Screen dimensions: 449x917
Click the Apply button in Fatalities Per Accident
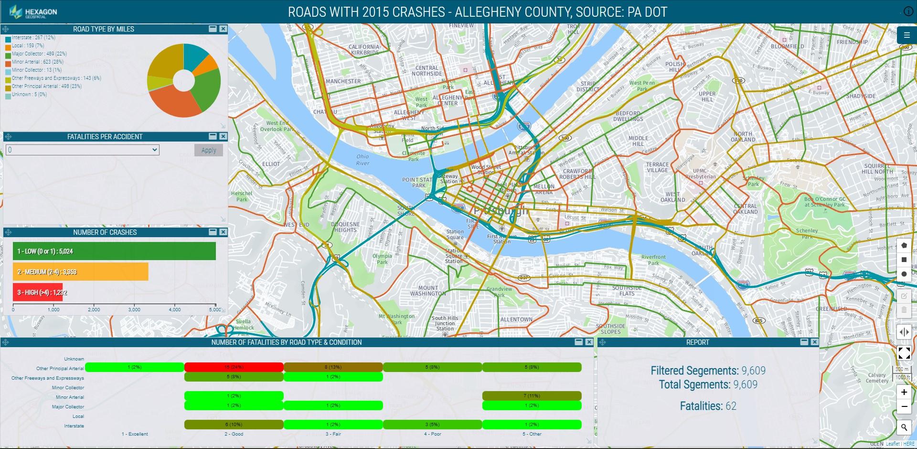(209, 150)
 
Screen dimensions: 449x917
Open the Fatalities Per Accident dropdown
(82, 150)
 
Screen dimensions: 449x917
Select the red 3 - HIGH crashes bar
(38, 292)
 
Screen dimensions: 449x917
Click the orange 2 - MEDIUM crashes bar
(80, 272)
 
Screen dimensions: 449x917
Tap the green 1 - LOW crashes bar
(114, 251)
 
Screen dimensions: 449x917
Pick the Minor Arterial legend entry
(37, 62)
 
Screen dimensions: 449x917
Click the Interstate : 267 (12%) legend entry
(33, 37)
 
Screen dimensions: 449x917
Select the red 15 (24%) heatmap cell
(234, 367)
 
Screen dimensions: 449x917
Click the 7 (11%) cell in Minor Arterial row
(532, 396)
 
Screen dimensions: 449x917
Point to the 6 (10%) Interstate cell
(234, 425)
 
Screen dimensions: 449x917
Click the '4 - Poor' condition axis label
(432, 434)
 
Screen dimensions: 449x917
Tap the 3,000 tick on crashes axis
(134, 310)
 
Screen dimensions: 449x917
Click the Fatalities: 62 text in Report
(708, 406)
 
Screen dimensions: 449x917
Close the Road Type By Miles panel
(223, 29)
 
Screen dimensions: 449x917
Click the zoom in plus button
(904, 392)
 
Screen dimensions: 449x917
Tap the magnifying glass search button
(904, 427)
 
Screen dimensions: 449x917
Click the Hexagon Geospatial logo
(33, 12)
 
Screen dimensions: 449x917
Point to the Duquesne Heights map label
(345, 227)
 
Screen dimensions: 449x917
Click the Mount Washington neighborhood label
(428, 291)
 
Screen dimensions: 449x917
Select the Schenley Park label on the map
(807, 233)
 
